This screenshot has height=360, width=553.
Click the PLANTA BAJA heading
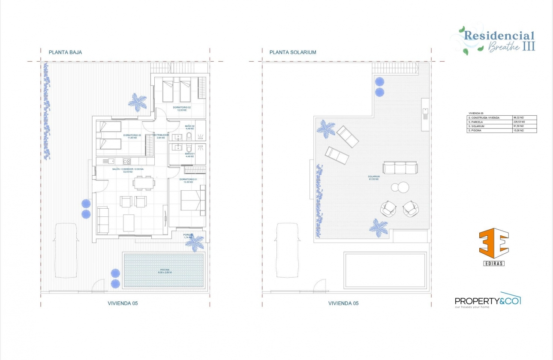(x=65, y=52)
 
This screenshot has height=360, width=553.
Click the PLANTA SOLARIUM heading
(x=293, y=52)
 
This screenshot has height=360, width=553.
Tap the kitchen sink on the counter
(x=111, y=161)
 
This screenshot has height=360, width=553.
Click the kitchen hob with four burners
(x=127, y=161)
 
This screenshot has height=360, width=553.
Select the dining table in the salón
(x=144, y=183)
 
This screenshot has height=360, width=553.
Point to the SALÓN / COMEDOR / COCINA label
(x=128, y=170)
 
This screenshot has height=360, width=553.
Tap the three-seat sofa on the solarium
(x=400, y=168)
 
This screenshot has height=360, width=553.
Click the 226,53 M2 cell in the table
(x=524, y=122)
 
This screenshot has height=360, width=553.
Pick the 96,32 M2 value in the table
(x=524, y=117)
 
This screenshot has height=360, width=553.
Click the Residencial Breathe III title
(x=499, y=41)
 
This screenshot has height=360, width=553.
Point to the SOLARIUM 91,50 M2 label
(x=374, y=177)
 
